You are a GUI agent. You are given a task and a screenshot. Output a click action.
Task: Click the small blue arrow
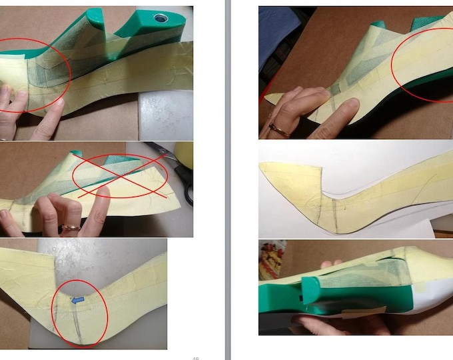click(x=77, y=301)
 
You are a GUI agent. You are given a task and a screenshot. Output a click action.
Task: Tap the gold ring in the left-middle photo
click(x=70, y=228)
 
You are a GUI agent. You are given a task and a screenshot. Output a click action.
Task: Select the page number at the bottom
click(x=195, y=357)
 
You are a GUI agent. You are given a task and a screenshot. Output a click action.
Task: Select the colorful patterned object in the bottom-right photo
click(x=272, y=257)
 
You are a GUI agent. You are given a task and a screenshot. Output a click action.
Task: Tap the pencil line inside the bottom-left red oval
click(x=78, y=323)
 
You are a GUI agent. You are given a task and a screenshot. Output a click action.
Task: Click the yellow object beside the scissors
click(x=184, y=155)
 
